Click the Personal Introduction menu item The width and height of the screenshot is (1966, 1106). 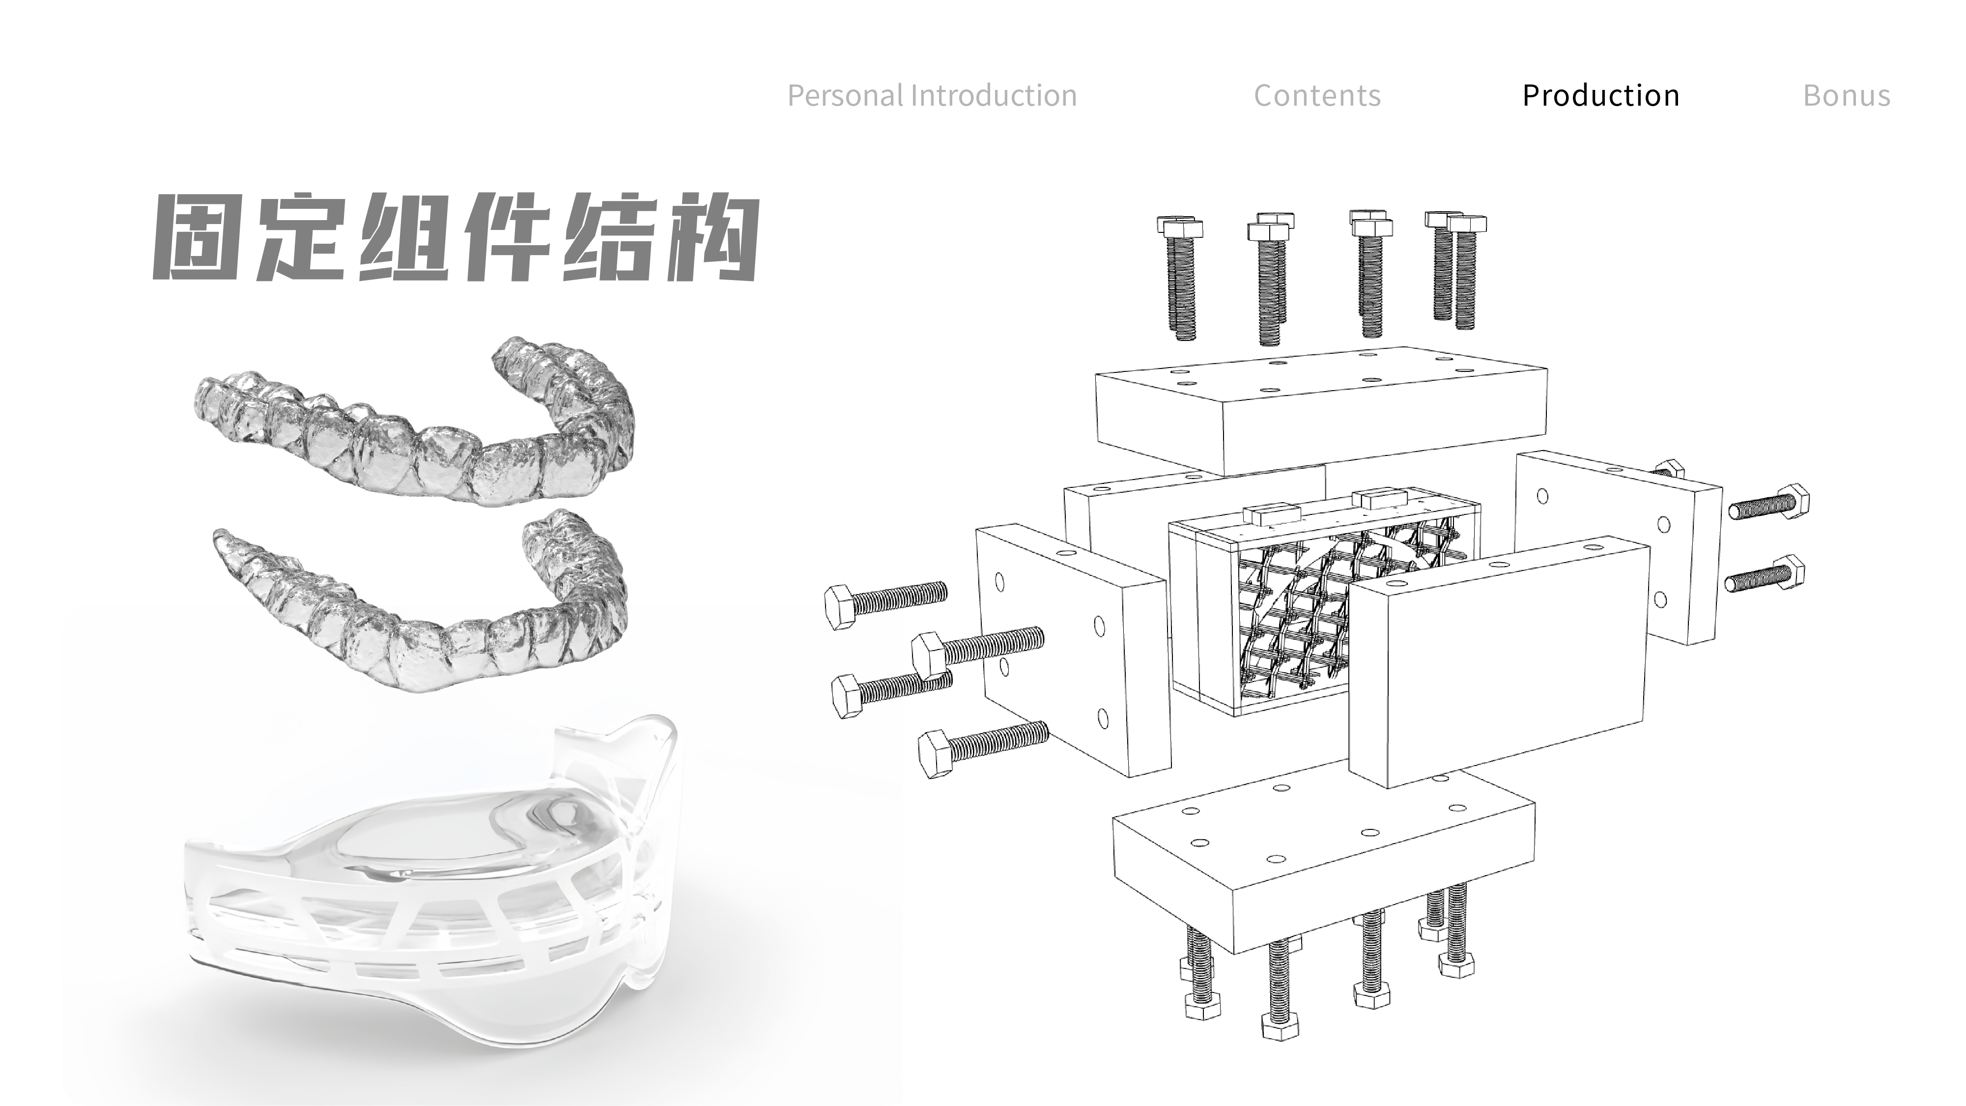click(932, 95)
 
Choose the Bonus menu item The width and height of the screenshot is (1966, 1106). click(1846, 95)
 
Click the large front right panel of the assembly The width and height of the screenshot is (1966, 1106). click(1496, 664)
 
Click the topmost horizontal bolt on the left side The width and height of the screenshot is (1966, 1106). click(885, 599)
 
